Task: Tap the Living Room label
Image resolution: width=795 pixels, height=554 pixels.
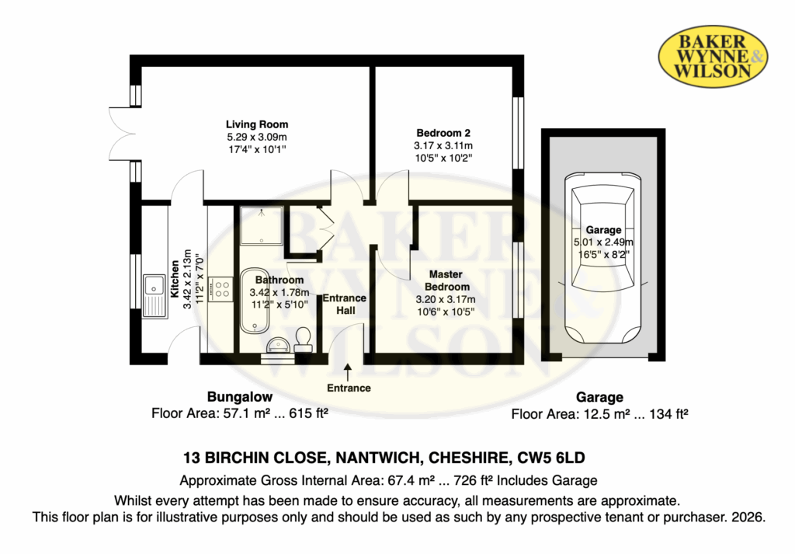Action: pos(257,124)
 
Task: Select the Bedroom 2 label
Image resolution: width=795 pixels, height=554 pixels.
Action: pos(443,132)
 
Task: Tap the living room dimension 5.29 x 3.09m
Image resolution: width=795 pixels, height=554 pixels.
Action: pos(257,137)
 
